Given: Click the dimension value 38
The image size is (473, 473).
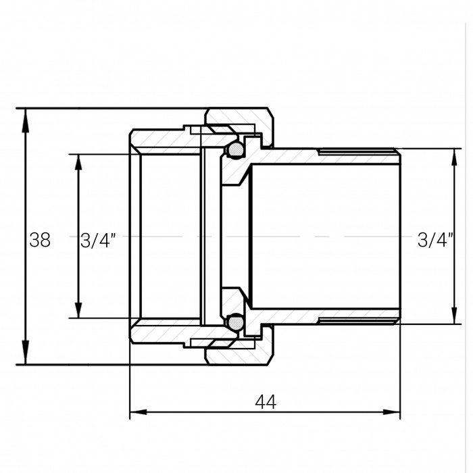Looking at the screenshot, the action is [40, 240].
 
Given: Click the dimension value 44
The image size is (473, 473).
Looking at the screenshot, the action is [266, 402].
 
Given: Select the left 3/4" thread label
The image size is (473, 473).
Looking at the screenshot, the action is [98, 241].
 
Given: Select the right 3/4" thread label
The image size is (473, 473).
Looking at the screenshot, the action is [435, 240].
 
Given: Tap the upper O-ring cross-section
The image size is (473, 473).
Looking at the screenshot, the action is [236, 149].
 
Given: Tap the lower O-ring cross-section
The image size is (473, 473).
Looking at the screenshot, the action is [236, 323].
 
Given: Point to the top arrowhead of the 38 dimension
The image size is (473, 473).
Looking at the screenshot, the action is [26, 117].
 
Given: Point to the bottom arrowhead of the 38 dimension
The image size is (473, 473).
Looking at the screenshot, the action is [26, 356].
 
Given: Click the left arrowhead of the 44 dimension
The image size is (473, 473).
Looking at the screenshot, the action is [138, 412].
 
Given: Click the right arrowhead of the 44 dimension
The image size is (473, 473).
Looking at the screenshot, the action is [391, 412].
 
